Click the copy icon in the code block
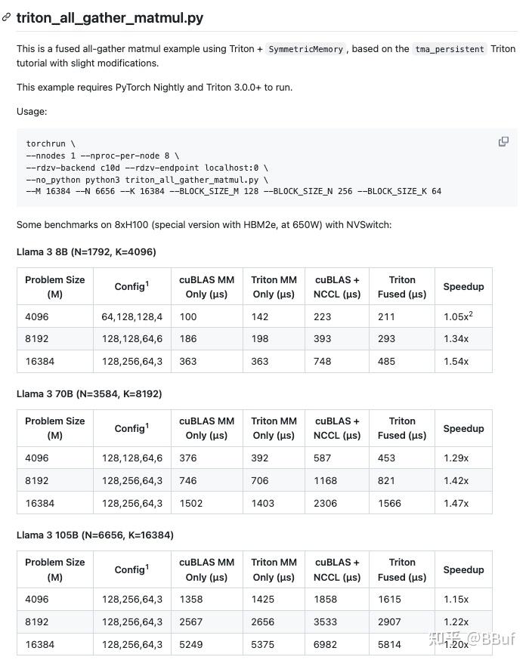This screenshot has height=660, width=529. click(x=503, y=142)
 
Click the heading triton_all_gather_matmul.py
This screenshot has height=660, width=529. click(x=110, y=17)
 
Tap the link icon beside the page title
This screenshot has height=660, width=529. click(x=7, y=17)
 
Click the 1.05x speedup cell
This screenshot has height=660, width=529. click(x=458, y=316)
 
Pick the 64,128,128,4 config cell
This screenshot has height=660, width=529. click(x=131, y=316)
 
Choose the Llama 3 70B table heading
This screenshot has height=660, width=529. click(x=89, y=393)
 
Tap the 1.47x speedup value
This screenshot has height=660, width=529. click(x=456, y=503)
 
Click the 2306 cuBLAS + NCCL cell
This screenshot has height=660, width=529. click(x=326, y=503)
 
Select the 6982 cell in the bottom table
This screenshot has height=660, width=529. click(x=326, y=644)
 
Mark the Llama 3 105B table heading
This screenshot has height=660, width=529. click(x=94, y=535)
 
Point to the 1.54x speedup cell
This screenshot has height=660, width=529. click(x=456, y=361)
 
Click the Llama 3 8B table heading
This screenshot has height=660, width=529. click(x=86, y=251)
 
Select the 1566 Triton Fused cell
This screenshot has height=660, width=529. click(x=390, y=503)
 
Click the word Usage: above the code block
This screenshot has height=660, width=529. click(x=32, y=112)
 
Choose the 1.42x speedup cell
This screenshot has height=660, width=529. click(x=456, y=480)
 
